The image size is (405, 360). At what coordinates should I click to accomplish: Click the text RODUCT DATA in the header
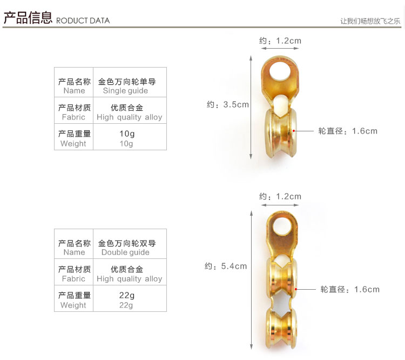point(83,21)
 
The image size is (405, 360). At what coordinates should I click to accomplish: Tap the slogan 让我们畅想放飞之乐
point(370,21)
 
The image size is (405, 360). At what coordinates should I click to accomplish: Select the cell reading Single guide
point(129,86)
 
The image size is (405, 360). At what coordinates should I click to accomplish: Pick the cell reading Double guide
point(129,248)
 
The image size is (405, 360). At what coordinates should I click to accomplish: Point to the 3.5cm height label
point(227,104)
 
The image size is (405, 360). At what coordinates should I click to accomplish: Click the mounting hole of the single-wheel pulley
point(279,70)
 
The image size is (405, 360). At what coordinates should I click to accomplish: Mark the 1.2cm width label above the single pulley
point(280,41)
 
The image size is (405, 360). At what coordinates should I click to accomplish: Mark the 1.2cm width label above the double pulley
point(280,196)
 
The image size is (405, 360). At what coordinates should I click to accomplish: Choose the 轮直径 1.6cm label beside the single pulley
point(348,131)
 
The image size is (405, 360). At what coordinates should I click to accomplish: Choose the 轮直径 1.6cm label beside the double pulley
point(350,289)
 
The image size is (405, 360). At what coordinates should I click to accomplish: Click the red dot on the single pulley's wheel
point(293,131)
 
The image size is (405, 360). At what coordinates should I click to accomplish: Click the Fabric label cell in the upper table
point(74,112)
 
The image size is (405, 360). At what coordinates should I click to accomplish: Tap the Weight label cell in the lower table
point(74,300)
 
